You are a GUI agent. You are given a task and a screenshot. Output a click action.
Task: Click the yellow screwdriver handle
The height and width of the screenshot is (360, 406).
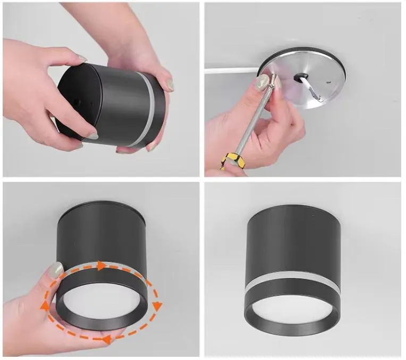[231, 160]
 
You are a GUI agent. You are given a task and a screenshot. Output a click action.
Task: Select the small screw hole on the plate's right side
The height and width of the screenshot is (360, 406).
[328, 81]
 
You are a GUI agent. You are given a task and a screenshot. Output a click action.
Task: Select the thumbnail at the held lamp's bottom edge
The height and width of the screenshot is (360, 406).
[92, 136]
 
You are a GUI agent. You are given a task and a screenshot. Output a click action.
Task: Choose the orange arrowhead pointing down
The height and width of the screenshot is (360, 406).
[157, 306]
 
